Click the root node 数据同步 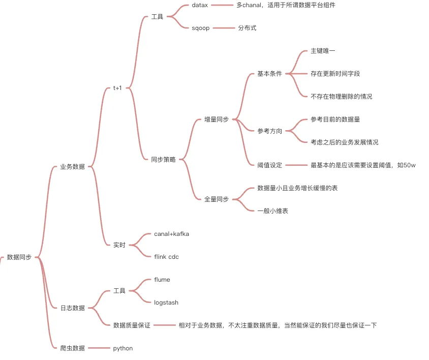coord(19,257)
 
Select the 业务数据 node coord(72,166)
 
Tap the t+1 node coord(117,88)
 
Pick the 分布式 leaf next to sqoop coord(247,28)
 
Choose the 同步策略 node coord(163,159)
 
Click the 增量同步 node coord(216,119)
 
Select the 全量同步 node coord(216,199)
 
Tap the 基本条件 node coord(269,74)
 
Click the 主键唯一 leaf coord(323,51)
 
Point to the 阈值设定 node coord(269,165)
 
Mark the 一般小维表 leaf coord(273,211)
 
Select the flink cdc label coord(166,257)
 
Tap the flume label coord(162,280)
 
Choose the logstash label coord(166,302)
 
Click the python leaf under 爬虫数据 coord(123,348)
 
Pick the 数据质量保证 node coord(132,325)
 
